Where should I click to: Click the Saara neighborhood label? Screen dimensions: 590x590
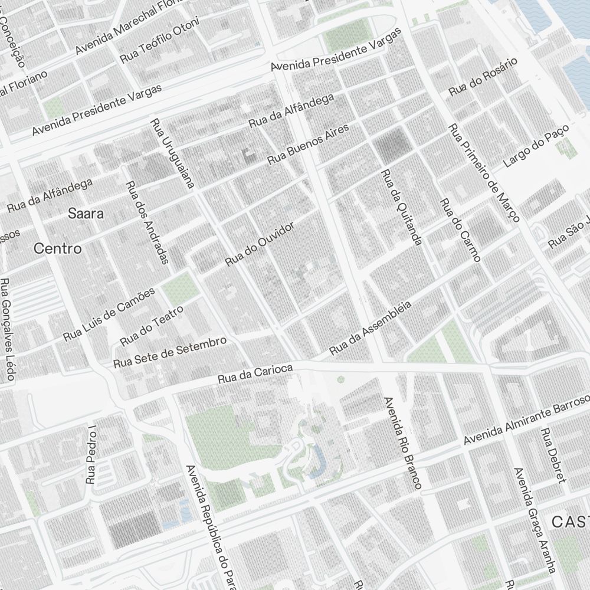[x=86, y=214]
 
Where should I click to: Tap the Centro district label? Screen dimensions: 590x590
[x=58, y=248]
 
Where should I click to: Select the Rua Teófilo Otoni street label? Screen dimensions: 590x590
[x=159, y=40]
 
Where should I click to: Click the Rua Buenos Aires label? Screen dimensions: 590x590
[x=308, y=143]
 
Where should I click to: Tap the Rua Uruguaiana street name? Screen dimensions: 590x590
[x=172, y=153]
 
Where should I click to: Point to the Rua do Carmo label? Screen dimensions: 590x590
[x=460, y=229]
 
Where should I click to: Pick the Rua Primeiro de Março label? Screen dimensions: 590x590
[x=484, y=173]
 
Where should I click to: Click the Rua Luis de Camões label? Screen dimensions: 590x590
[x=109, y=314]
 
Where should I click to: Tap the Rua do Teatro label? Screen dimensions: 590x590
[x=152, y=326]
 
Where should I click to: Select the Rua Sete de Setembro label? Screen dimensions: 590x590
[x=170, y=352]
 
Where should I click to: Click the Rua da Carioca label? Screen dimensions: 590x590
[x=255, y=373]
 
